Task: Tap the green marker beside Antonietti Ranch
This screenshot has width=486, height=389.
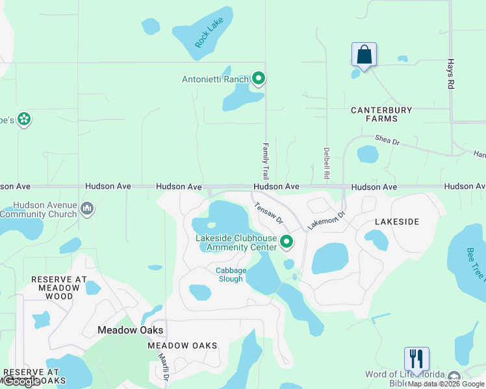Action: coord(258,80)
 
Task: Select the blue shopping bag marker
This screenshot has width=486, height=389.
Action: coord(364,55)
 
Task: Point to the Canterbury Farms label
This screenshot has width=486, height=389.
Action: coord(381,115)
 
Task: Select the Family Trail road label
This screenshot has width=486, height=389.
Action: coord(266,161)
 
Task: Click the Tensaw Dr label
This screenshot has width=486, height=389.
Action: coord(269,212)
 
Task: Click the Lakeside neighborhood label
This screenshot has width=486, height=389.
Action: coord(397,222)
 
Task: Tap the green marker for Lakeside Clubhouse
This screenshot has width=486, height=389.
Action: coord(287,242)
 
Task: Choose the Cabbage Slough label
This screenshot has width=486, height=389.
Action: coord(231,275)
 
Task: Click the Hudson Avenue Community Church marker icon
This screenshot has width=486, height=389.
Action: coord(88,209)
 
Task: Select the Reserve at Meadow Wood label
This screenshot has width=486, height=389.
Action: coord(59,288)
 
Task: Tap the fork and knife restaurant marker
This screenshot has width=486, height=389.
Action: coord(416,358)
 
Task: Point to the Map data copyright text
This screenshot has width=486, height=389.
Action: coord(446,384)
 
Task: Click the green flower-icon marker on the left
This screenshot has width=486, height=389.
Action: coord(24,119)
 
